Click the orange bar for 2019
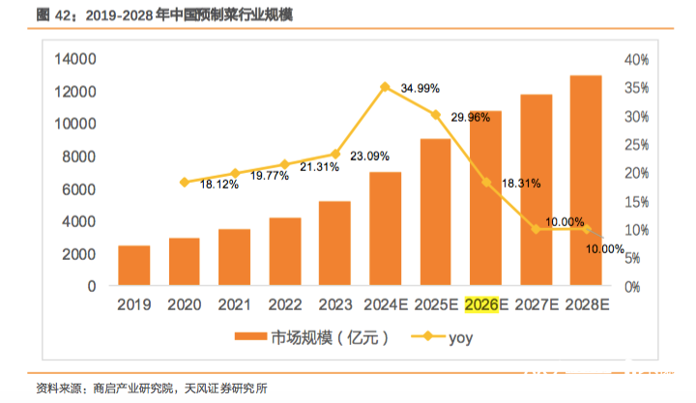click(134, 266)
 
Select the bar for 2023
click(334, 244)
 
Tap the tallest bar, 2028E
click(585, 181)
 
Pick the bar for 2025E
click(435, 213)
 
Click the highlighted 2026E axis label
click(485, 305)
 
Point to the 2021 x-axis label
click(235, 305)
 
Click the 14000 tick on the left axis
click(73, 60)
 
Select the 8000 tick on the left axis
click(77, 158)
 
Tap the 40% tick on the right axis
click(635, 60)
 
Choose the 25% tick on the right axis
click(635, 145)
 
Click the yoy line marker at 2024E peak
click(386, 87)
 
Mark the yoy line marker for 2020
click(185, 182)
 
